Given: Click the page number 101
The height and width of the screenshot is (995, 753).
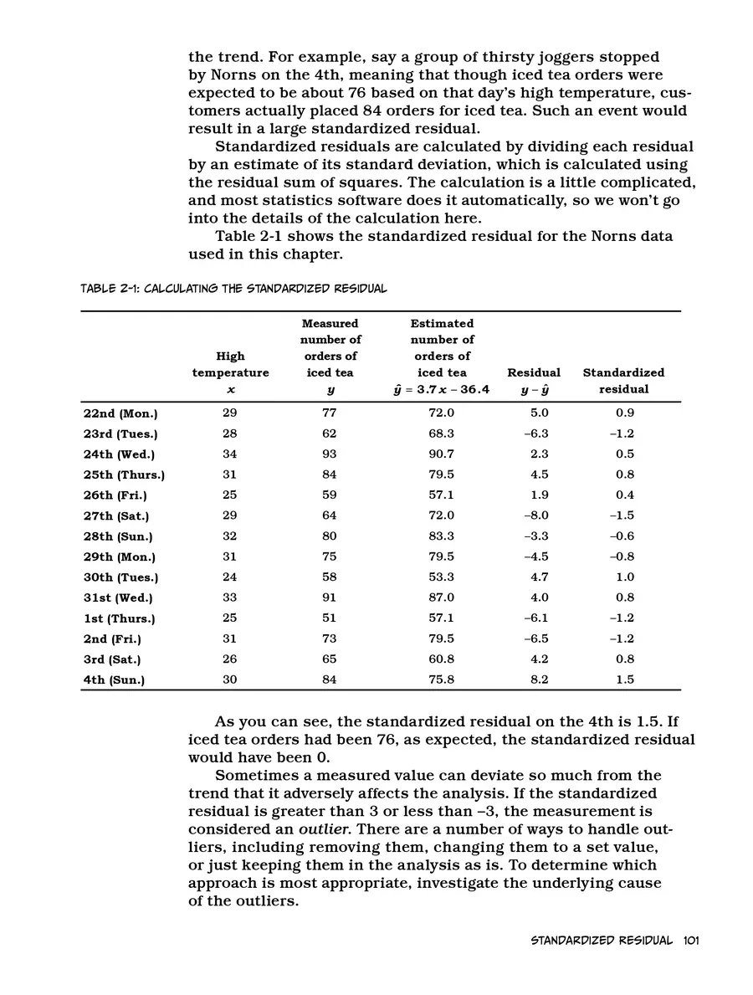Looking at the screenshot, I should point(690,940).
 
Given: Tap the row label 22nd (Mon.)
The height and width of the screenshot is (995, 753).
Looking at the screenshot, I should point(120,413).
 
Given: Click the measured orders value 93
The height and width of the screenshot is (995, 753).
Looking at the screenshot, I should point(329,454).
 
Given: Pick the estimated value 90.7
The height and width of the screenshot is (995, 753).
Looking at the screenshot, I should point(441,454).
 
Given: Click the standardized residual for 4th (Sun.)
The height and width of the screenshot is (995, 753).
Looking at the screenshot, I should point(624,680).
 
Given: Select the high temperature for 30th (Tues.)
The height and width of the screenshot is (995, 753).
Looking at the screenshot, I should point(230,577).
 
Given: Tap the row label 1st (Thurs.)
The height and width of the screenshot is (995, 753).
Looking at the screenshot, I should point(119,618).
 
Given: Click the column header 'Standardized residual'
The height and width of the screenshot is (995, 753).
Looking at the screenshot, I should point(623,381).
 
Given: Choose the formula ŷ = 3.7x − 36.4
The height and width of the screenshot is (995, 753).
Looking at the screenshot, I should point(442,389).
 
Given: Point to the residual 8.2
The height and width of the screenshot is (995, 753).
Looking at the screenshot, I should point(540,680).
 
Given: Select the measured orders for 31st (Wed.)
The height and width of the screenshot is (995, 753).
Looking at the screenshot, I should point(329,598).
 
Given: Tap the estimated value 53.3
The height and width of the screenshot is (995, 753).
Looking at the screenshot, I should point(441,577).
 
